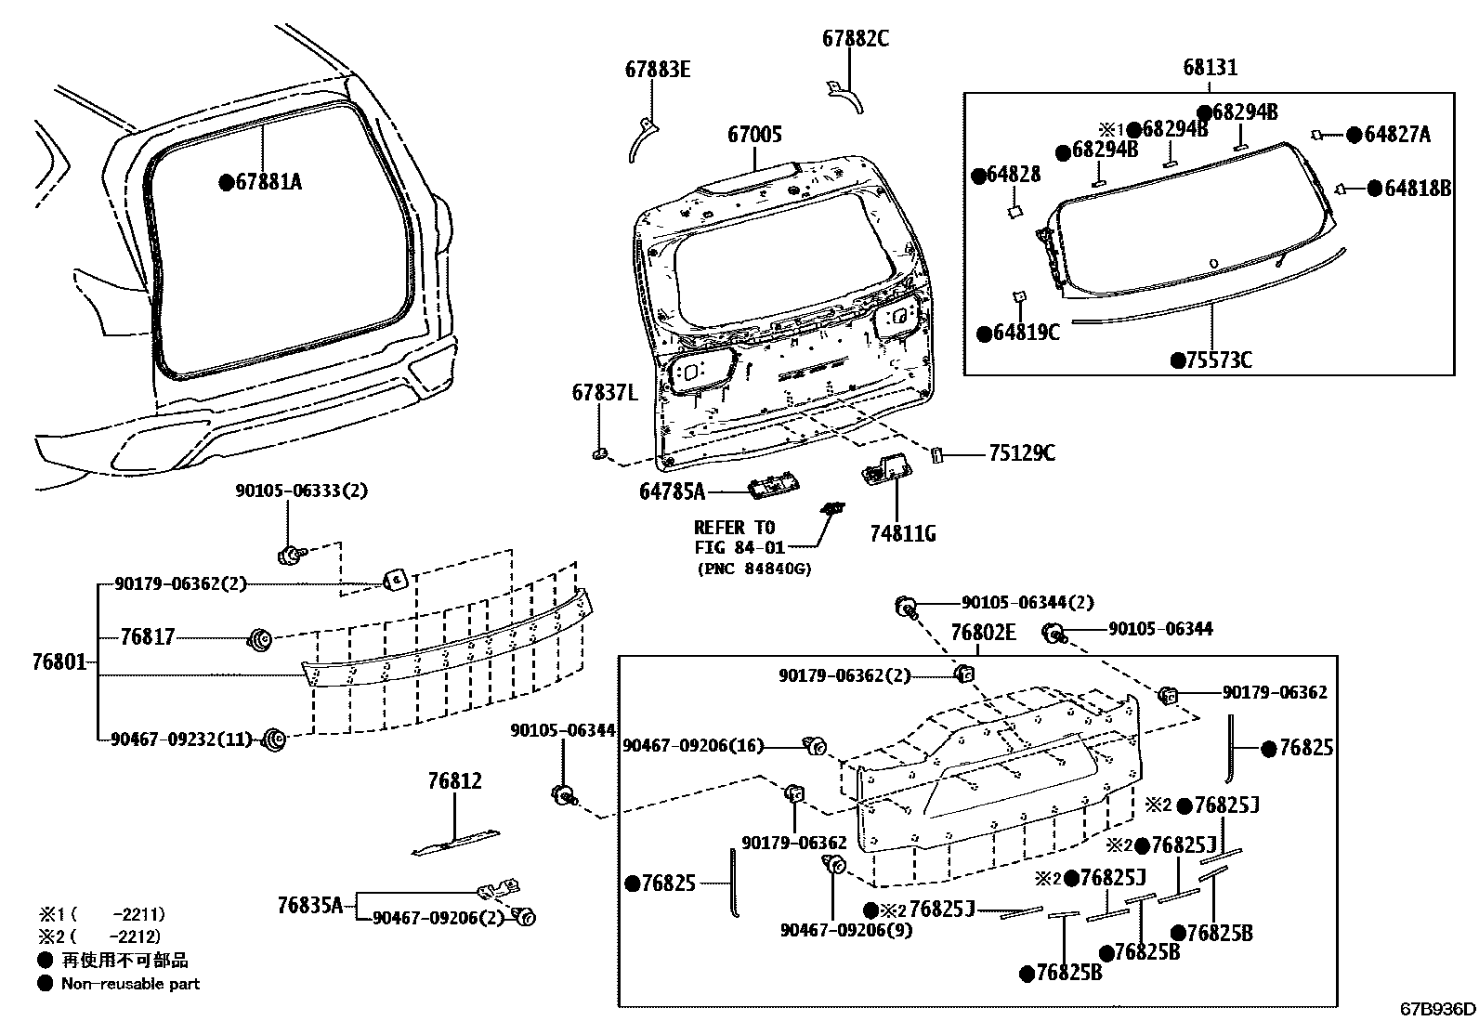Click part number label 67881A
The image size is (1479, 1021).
[268, 182]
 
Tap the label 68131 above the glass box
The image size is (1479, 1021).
[1210, 68]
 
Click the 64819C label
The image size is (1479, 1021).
[1027, 333]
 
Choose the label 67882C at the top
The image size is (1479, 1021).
[855, 38]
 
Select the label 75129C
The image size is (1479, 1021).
[1021, 453]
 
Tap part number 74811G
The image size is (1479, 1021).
[902, 533]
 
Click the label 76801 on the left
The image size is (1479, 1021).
[58, 661]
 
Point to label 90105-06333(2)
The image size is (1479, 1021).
[300, 491]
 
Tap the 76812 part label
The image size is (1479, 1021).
[455, 781]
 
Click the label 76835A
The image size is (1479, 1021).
[309, 904]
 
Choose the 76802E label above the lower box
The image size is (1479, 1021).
[983, 633]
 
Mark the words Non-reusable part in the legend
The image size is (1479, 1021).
[130, 984]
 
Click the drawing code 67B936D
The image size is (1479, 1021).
[1437, 1009]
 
